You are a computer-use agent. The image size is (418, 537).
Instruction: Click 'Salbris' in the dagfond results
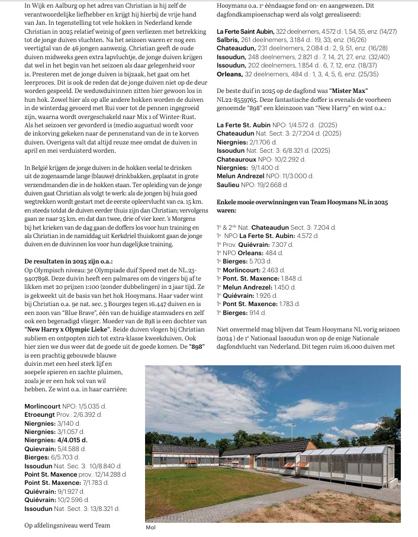[230, 40]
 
